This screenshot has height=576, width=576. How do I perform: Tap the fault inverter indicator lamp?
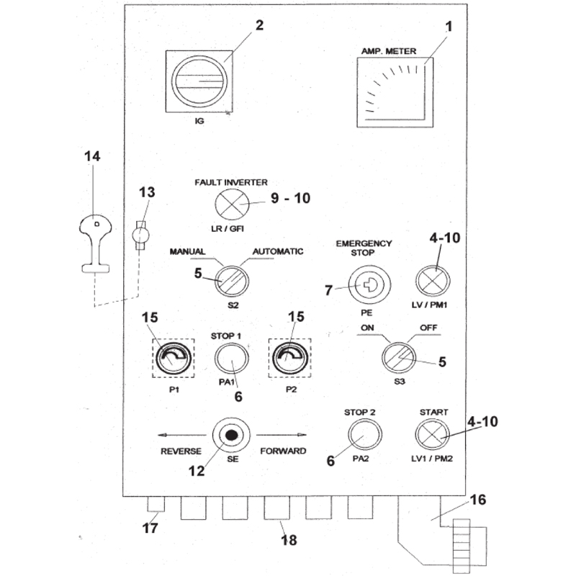230,204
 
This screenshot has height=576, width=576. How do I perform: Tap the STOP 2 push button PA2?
365,435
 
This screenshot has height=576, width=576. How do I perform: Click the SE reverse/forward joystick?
231,436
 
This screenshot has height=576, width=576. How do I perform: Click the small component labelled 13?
141,235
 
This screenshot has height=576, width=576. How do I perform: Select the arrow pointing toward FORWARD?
282,436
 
